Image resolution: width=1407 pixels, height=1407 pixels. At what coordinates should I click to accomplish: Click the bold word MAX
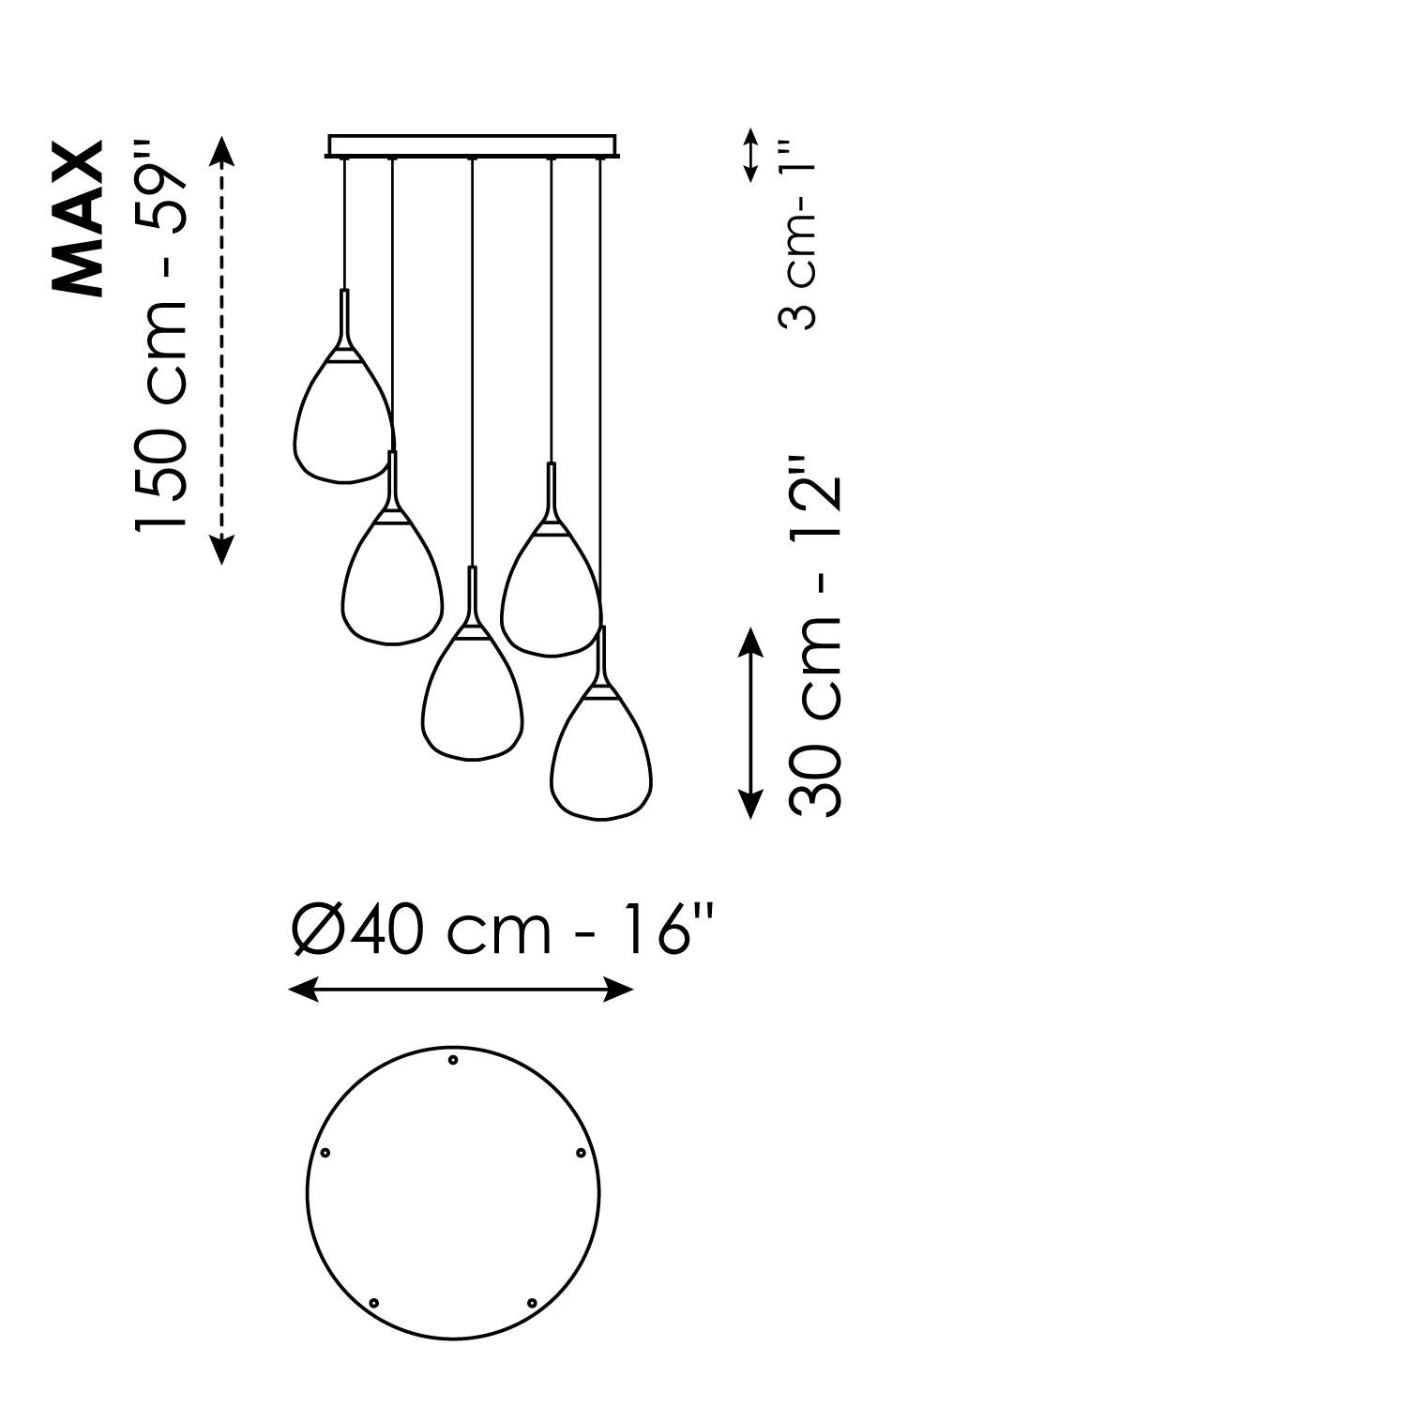click(78, 219)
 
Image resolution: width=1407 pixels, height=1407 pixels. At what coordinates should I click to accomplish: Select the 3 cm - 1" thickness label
click(799, 234)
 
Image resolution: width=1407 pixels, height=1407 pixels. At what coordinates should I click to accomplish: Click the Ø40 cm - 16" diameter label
click(503, 930)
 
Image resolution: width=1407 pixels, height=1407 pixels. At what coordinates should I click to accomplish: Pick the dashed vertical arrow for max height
click(220, 349)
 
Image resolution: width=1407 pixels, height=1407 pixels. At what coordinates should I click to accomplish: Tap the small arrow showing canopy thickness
click(750, 155)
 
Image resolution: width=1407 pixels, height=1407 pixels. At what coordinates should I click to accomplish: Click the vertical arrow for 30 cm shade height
click(749, 723)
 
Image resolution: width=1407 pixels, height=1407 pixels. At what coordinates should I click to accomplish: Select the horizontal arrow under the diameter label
click(461, 989)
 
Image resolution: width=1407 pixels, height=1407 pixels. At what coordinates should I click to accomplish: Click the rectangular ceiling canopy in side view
click(473, 146)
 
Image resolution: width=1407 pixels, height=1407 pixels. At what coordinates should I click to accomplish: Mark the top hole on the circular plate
click(453, 1060)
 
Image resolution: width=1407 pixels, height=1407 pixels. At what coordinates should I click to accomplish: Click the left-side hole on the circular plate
click(325, 1152)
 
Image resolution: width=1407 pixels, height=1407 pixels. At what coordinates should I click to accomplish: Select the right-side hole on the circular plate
click(581, 1153)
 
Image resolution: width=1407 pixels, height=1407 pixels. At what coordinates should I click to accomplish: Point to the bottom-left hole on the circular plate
click(374, 1303)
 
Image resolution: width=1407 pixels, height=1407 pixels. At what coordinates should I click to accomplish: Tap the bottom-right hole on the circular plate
click(532, 1303)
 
